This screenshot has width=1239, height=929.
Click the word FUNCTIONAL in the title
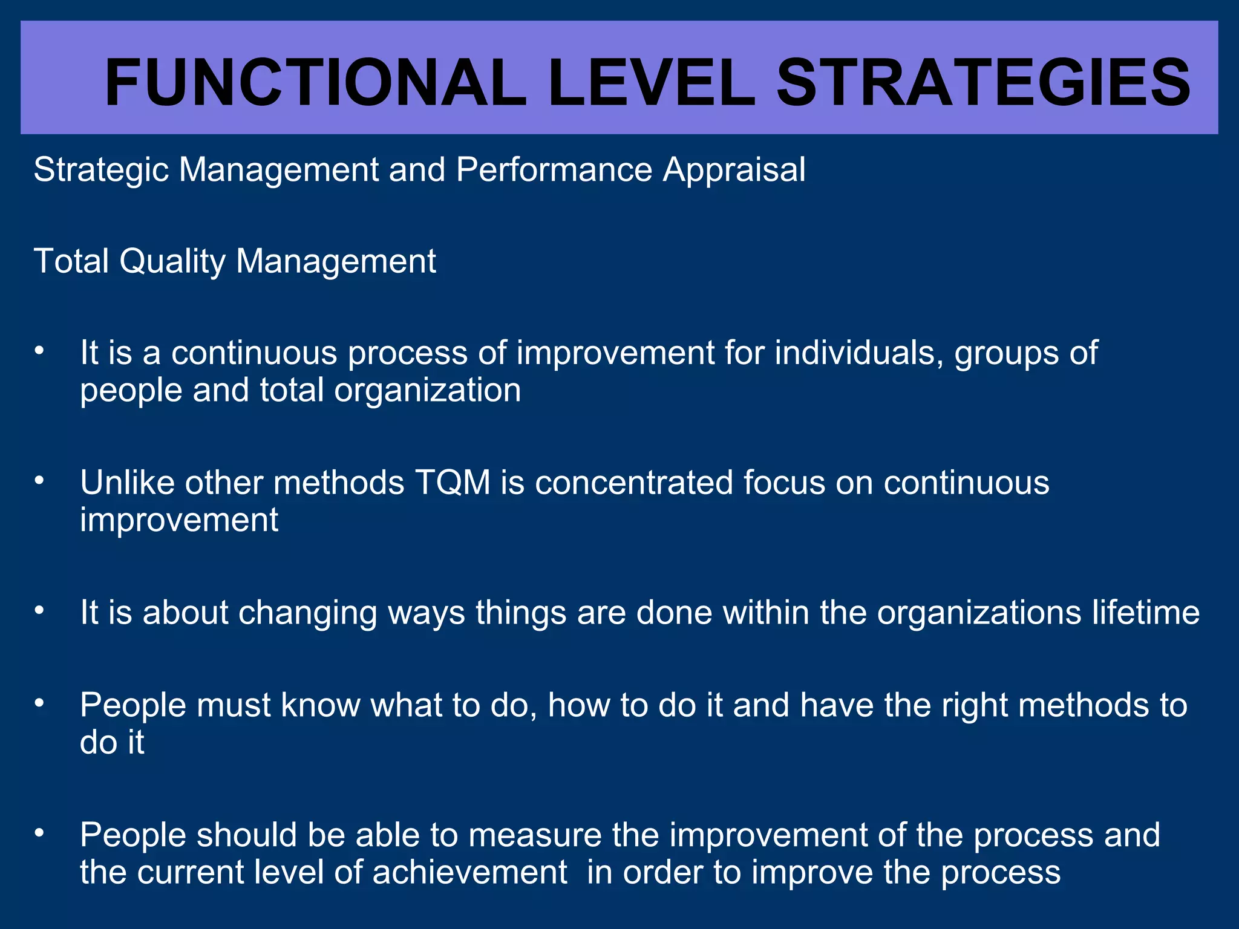(315, 83)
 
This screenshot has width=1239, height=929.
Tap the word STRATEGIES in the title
(983, 83)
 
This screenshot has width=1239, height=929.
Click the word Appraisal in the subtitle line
(734, 170)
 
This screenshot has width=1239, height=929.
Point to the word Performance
(554, 169)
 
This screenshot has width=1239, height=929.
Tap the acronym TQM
(453, 483)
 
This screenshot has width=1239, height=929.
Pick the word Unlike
(127, 483)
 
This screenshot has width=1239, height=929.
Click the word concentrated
(633, 483)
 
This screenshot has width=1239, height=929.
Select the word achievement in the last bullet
(469, 873)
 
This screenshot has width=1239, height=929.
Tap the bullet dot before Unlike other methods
(40, 481)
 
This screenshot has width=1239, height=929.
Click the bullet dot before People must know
(40, 703)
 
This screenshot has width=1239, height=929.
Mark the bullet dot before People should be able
(40, 833)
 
